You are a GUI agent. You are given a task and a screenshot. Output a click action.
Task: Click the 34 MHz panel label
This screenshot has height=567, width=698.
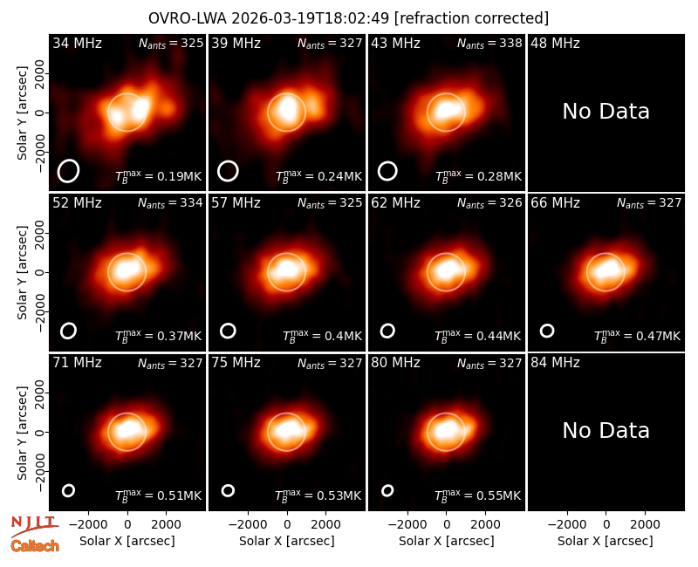click(77, 43)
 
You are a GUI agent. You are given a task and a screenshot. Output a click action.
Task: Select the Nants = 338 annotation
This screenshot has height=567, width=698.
click(489, 44)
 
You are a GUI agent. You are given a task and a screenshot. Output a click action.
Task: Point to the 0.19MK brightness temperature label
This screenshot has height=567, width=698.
click(159, 176)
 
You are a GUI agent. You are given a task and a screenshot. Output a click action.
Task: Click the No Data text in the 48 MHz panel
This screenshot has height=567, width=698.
click(606, 112)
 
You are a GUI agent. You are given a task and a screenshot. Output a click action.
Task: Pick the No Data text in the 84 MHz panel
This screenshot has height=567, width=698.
click(606, 430)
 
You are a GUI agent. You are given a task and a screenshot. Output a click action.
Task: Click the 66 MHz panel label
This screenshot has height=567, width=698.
click(555, 203)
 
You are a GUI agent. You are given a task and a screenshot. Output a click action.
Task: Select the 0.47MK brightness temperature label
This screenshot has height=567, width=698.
click(638, 336)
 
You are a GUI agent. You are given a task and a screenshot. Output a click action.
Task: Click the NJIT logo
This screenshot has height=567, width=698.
click(34, 525)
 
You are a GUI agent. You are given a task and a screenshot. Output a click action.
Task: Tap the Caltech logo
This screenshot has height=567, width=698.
click(35, 546)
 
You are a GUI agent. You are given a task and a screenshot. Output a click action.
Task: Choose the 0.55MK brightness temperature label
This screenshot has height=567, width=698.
click(477, 495)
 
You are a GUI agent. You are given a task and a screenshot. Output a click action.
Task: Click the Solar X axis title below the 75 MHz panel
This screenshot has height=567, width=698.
click(287, 541)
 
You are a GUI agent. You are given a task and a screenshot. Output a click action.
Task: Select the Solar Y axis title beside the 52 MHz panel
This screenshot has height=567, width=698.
click(22, 272)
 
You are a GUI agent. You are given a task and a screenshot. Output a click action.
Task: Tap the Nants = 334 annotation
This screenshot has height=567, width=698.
click(170, 203)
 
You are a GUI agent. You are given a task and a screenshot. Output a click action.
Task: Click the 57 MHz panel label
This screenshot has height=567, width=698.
click(236, 203)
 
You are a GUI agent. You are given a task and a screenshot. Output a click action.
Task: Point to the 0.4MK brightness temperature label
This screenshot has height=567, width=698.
click(322, 336)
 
